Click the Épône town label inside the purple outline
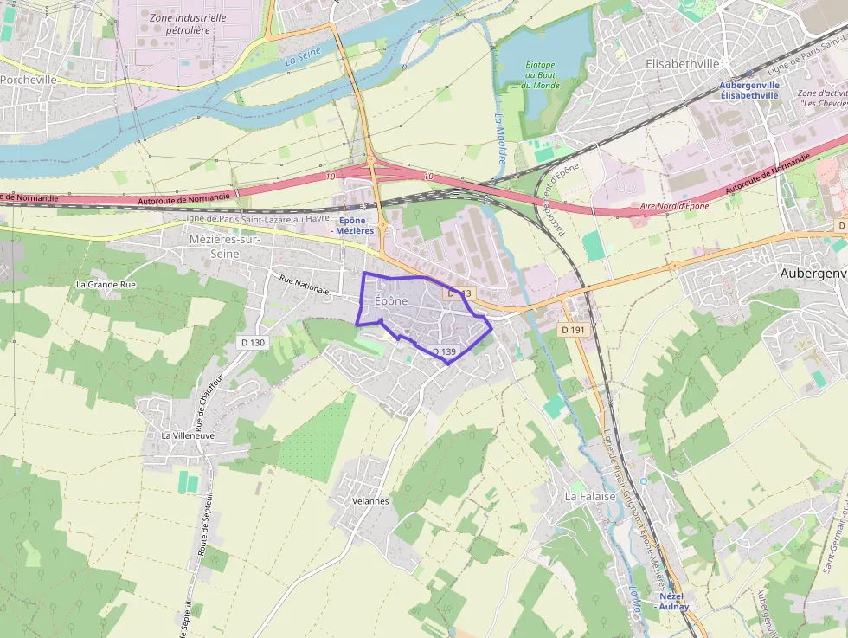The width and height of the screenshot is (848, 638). (x=391, y=300)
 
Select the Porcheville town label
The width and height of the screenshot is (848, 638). (x=29, y=79)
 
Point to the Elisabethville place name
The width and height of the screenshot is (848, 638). (x=682, y=63)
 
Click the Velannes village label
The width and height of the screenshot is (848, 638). (x=371, y=501)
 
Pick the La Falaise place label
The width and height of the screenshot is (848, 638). (x=589, y=497)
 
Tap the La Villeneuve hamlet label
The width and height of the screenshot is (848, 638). (x=187, y=435)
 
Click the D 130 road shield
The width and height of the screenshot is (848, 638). (x=253, y=343)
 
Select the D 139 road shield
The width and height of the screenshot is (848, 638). (x=443, y=351)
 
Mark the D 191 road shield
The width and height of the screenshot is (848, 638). (x=572, y=330)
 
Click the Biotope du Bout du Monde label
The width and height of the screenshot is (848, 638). (x=541, y=75)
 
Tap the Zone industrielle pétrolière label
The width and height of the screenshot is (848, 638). (x=188, y=23)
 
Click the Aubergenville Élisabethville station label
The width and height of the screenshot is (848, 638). (x=749, y=90)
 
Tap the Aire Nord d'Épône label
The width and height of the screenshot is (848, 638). (x=676, y=206)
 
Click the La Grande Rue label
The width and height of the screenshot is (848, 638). (x=106, y=284)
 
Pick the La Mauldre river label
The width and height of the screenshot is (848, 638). (x=500, y=139)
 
